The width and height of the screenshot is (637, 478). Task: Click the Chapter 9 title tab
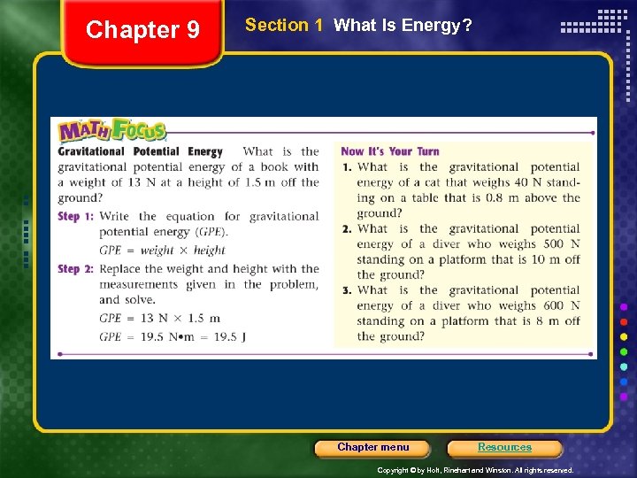142,30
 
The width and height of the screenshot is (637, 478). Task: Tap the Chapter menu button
373,448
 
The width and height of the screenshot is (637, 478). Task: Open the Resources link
504,448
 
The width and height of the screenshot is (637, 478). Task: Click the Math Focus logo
112,132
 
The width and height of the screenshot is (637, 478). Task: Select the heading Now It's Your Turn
389,151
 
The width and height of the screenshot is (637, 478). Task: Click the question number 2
346,228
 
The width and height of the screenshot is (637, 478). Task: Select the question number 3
346,290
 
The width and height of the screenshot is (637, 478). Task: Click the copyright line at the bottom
475,470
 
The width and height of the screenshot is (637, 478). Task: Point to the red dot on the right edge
624,321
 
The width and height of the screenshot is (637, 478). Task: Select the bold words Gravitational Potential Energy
140,151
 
